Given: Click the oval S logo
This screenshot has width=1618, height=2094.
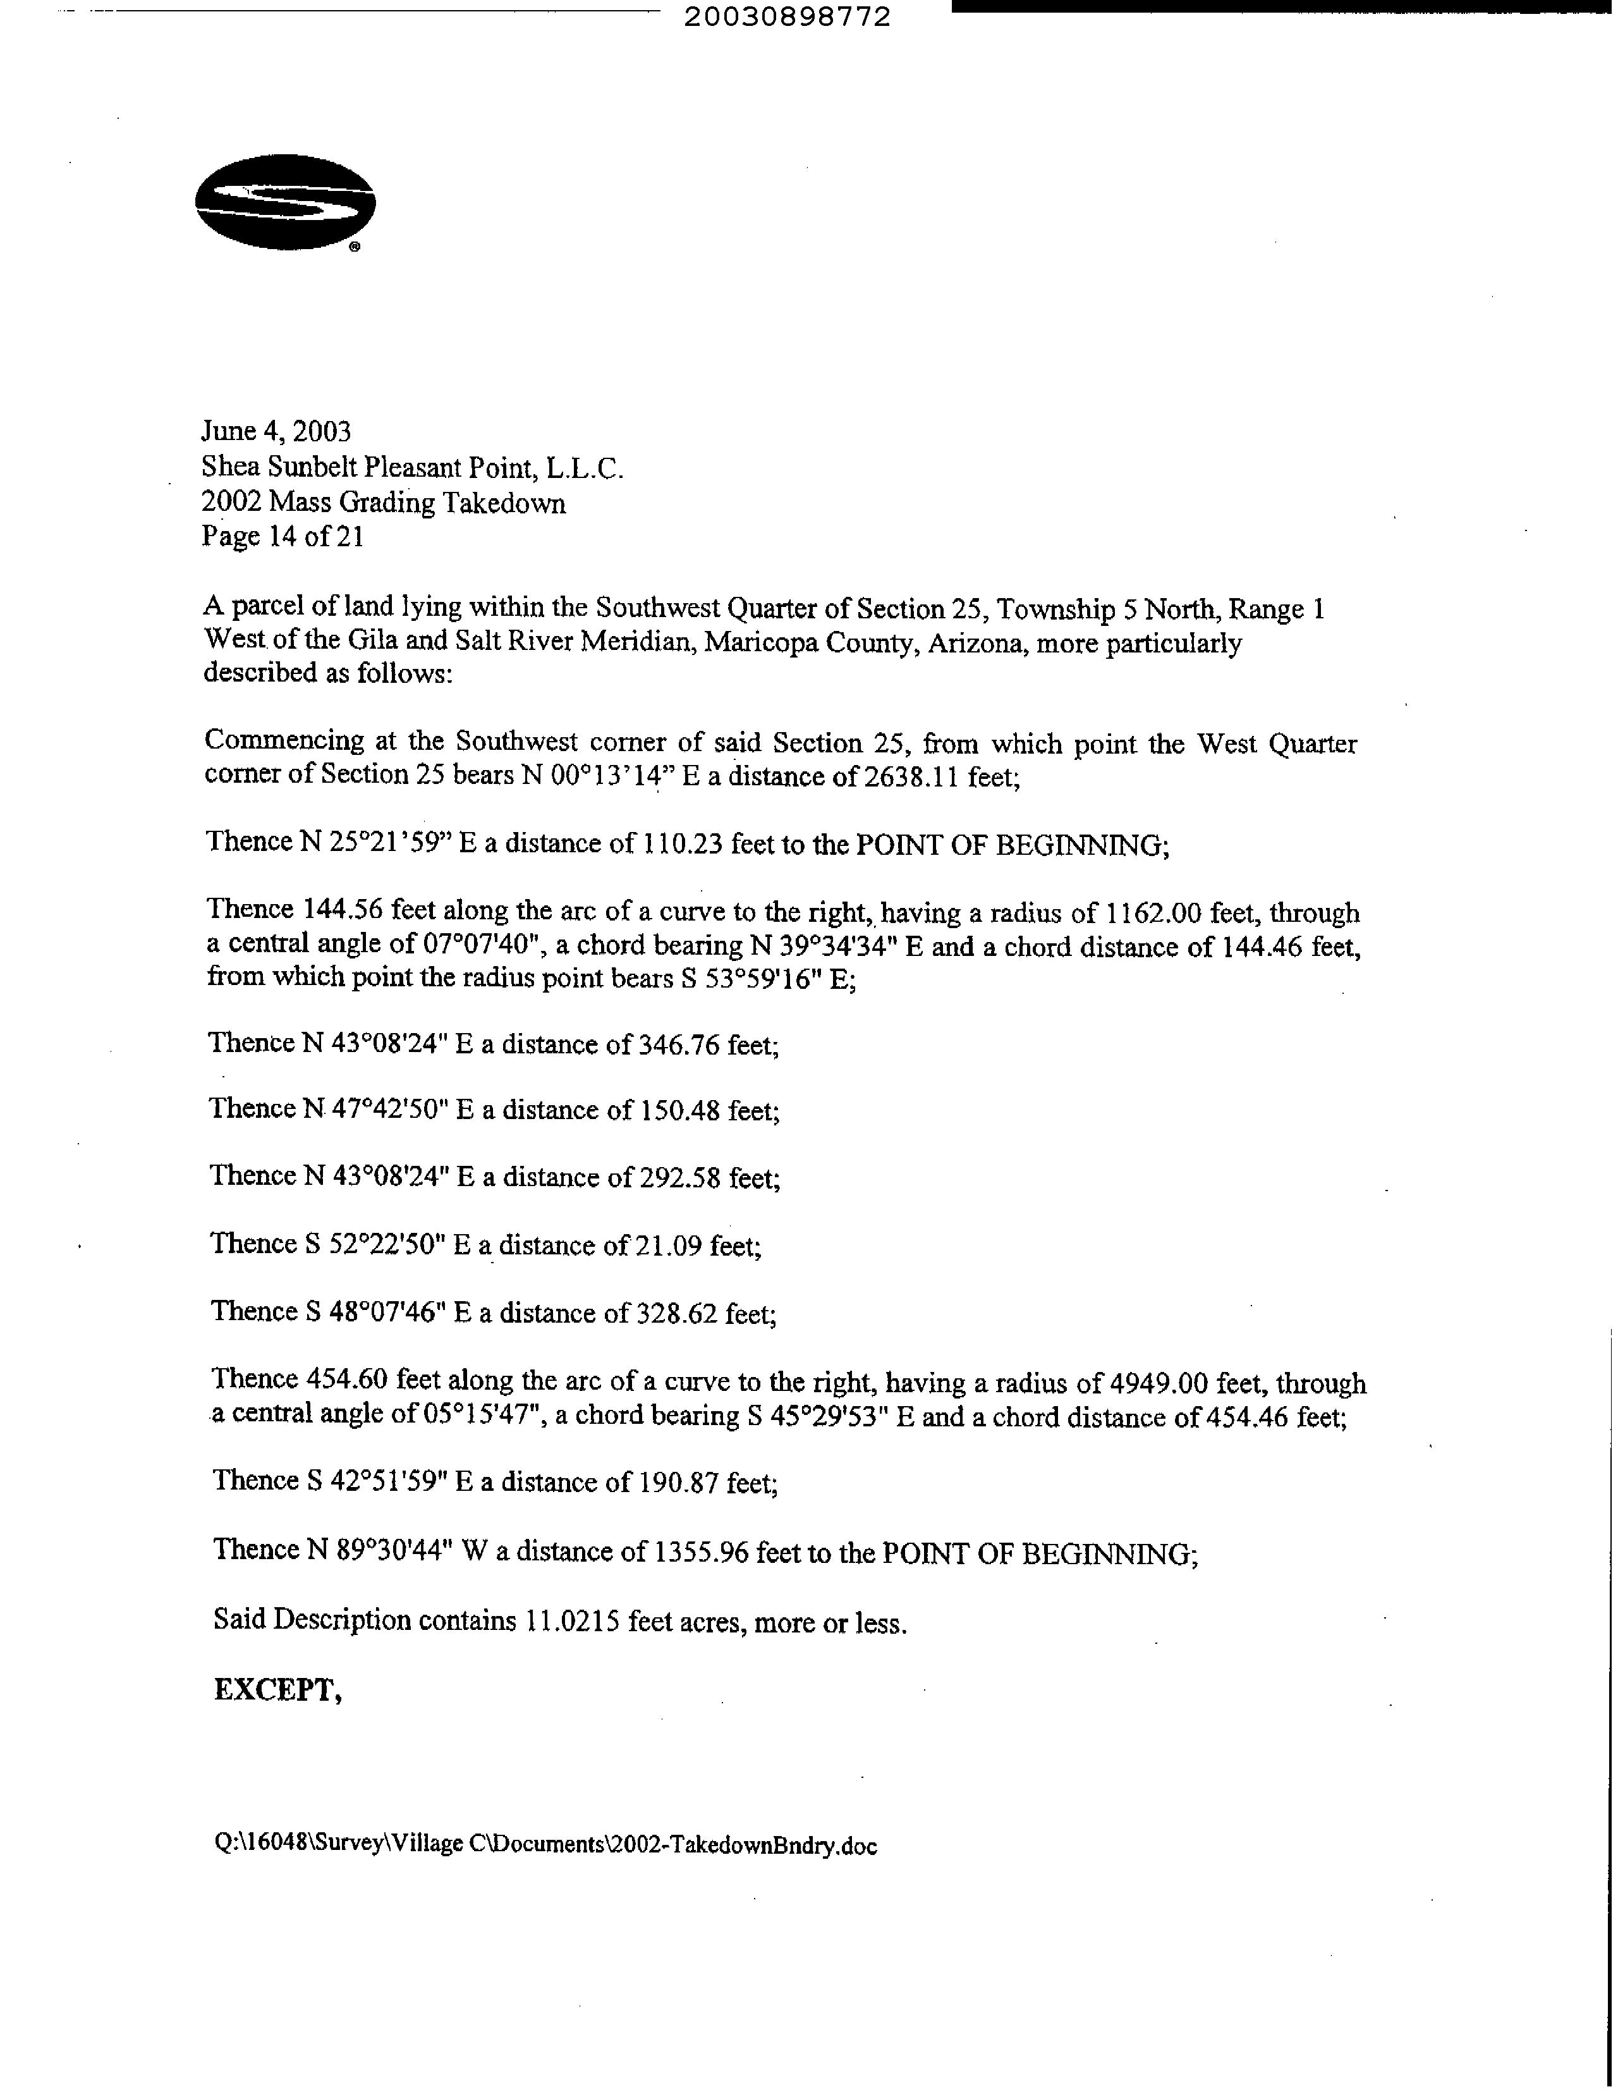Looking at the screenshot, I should (284, 203).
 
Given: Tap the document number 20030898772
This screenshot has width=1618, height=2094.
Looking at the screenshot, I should (787, 17).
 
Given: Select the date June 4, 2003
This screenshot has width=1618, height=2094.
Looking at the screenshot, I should (276, 431).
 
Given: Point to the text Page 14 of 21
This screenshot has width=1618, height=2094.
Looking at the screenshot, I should (283, 536).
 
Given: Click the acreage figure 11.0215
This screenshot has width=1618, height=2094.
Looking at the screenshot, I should (571, 1621).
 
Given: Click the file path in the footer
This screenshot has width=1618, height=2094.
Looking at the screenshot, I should (545, 1846).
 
